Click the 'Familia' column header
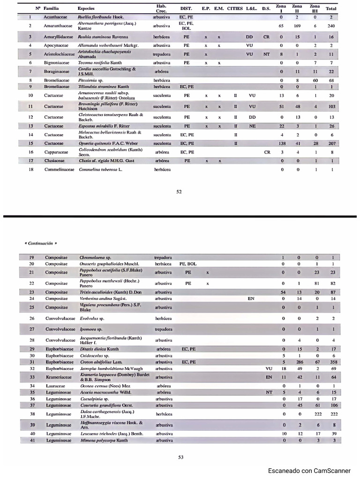51,8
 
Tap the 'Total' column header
331,8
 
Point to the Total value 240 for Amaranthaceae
331,26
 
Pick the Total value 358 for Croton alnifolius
334,362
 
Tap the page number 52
179,191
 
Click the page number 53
180,457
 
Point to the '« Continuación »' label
40,244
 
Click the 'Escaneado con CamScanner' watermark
309,471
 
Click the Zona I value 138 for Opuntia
282,143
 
